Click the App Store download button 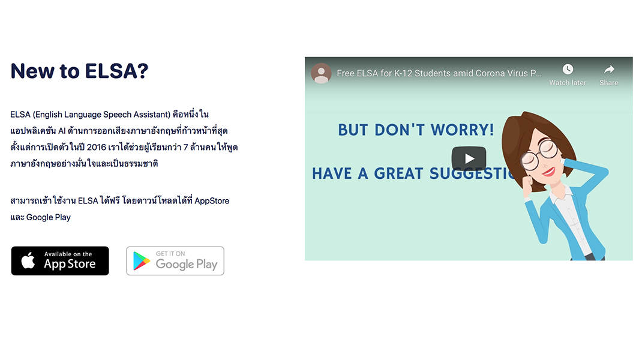[60, 261]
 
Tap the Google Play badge [175, 261]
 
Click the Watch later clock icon [568, 69]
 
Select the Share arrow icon [609, 69]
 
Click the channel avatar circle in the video [322, 73]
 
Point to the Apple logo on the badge [28, 260]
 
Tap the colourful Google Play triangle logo [141, 261]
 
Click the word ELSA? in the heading [116, 71]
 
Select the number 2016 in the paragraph [96, 147]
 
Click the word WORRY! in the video [462, 130]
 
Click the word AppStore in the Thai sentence [212, 201]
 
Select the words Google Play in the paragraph [49, 217]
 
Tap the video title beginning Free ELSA [439, 73]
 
